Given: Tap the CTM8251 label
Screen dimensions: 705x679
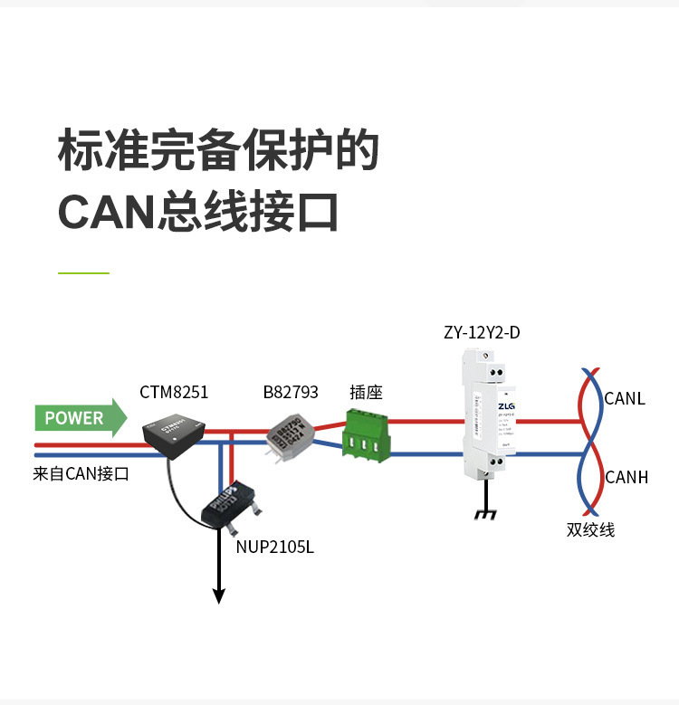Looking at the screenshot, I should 174,393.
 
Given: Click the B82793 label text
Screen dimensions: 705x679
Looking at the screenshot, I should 291,393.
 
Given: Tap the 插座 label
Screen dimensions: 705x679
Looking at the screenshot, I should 367,393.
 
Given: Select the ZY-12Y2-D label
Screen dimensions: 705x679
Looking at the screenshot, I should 482,332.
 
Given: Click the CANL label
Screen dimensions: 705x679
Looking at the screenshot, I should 624,398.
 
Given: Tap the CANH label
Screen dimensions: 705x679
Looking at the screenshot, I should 626,477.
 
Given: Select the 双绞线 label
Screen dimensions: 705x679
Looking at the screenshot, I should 590,529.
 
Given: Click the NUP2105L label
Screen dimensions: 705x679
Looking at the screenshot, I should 275,548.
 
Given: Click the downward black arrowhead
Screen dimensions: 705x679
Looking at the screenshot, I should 218,595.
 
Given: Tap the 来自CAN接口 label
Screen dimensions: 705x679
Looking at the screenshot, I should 81,473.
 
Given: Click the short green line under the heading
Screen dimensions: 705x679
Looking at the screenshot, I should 83,272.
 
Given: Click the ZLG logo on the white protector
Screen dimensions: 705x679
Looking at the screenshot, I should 505,406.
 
